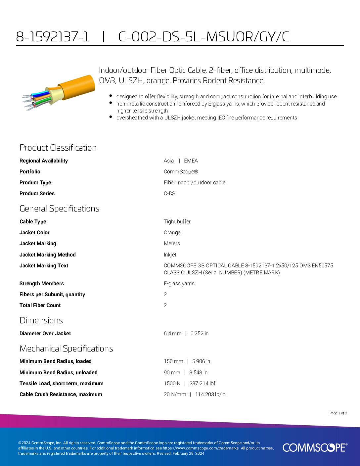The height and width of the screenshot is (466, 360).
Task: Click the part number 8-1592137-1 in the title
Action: click(53, 37)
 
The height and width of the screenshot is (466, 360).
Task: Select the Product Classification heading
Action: click(58, 148)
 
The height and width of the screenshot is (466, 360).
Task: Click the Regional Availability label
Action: click(44, 161)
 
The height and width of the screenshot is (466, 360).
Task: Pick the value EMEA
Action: click(191, 161)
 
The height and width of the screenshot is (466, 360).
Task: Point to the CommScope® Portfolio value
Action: click(181, 171)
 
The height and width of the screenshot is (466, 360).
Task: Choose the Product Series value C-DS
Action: click(169, 193)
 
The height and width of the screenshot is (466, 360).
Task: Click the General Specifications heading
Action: click(59, 209)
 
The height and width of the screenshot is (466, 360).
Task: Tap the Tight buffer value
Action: click(177, 221)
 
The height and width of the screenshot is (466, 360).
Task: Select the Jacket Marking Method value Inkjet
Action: click(170, 255)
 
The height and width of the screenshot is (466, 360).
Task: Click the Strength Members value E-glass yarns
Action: click(179, 283)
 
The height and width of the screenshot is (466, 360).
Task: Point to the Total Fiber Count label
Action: click(40, 305)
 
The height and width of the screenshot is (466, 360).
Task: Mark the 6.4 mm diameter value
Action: click(172, 333)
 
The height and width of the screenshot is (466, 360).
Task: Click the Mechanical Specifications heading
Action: click(66, 349)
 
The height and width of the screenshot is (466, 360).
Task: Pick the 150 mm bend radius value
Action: click(173, 361)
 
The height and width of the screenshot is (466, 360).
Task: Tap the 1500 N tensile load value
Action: click(172, 383)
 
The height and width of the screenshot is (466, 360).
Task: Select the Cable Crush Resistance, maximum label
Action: click(61, 394)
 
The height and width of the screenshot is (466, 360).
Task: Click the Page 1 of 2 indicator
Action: click(338, 413)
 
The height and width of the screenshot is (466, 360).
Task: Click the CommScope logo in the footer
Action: click(315, 447)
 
